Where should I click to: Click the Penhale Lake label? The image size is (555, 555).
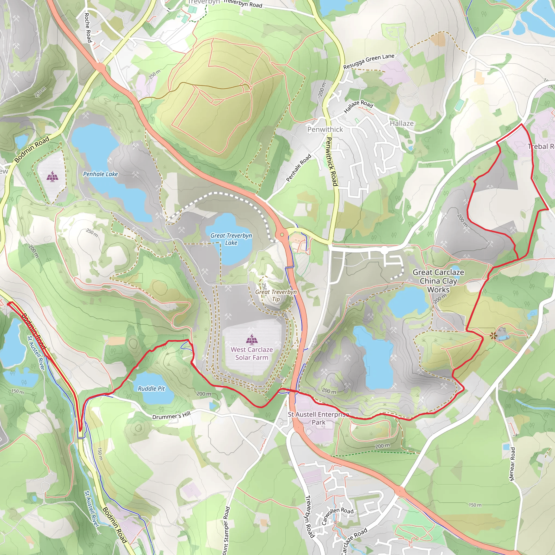coord(100,174)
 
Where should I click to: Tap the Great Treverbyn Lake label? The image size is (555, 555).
coord(231,239)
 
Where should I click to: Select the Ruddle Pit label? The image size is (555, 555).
coord(151,389)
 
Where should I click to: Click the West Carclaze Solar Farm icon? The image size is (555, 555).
coord(252,339)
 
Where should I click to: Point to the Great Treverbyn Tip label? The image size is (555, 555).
coord(276,295)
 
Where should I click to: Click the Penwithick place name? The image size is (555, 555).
coord(325,130)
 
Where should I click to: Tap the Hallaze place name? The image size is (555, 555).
coord(402,124)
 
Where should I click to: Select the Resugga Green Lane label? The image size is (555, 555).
coord(369,61)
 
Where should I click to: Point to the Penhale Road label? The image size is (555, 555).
coord(299,168)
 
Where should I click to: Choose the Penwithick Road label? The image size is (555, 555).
coord(331,162)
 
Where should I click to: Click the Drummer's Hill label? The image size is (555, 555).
coord(171,415)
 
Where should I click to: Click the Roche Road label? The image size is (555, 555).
coord(88,28)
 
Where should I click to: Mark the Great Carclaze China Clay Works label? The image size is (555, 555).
coord(438,281)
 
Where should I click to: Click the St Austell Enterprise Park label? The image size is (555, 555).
coord(319,418)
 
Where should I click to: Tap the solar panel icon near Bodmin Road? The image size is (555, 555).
coord(52,176)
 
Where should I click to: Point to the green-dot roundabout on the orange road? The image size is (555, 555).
coord(282,235)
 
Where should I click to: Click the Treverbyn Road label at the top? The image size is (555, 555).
coord(243,4)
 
